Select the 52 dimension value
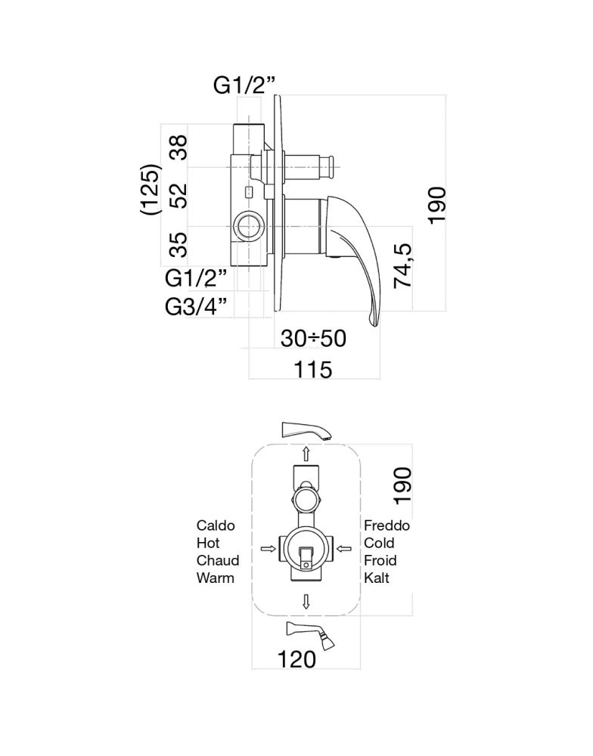[x=179, y=194]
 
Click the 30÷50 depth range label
[x=313, y=338]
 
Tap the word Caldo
[x=216, y=525]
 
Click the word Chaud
[x=218, y=561]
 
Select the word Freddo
[x=387, y=525]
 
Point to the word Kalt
[x=377, y=578]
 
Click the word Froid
[x=380, y=561]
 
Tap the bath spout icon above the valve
[x=306, y=431]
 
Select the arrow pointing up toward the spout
[x=306, y=453]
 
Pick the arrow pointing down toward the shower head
[x=306, y=602]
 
